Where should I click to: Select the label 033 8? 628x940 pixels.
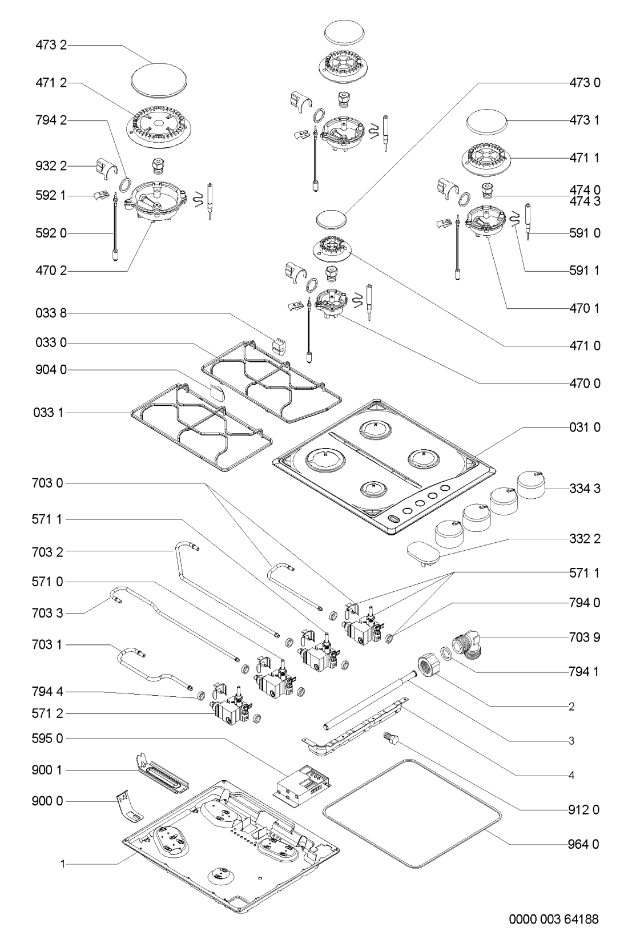pos(50,313)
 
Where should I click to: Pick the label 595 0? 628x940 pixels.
pos(50,739)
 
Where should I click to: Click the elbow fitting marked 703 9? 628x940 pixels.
pos(466,648)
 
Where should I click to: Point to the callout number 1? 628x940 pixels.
pos(63,865)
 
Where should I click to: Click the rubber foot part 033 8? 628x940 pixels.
pos(278,345)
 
